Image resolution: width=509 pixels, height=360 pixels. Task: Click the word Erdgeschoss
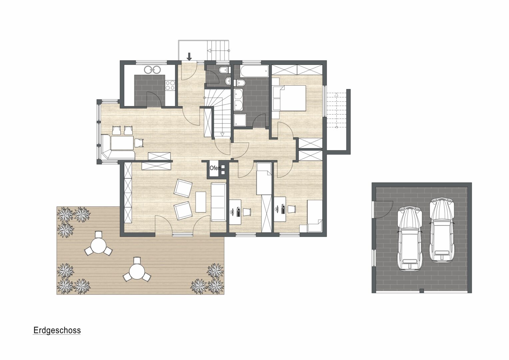tap(57, 330)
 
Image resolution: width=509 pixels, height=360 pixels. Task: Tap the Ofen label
tap(215, 168)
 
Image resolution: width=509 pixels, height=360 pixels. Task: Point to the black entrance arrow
tap(189, 56)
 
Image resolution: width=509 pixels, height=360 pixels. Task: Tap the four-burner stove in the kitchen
tap(170, 86)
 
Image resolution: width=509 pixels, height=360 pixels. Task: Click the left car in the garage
tap(410, 238)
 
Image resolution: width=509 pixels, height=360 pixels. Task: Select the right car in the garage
tap(442, 230)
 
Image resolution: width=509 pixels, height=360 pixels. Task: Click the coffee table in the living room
tap(201, 202)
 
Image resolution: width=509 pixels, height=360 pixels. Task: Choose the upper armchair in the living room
tap(183, 188)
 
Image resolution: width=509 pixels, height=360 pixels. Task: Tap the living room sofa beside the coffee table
tap(219, 202)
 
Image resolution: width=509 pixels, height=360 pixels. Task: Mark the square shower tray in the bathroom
tap(240, 120)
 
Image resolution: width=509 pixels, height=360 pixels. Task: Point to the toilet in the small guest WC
tap(223, 70)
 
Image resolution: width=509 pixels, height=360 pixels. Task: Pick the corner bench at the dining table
tap(118, 147)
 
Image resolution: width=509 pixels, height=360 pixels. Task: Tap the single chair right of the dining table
tap(139, 143)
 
